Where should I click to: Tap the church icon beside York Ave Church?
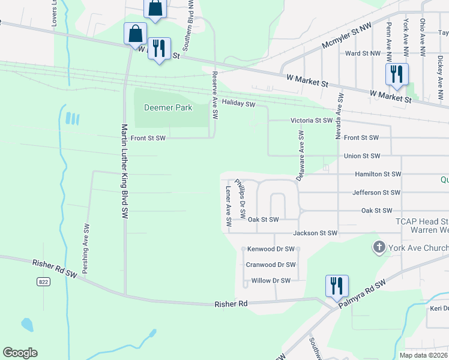pyautogui.click(x=379, y=247)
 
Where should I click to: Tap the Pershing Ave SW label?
pyautogui.click(x=86, y=249)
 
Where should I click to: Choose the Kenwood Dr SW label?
pyautogui.click(x=270, y=248)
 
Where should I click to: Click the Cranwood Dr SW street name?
pyautogui.click(x=271, y=265)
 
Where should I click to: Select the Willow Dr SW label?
pyautogui.click(x=271, y=280)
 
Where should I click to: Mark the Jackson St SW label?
pyautogui.click(x=316, y=233)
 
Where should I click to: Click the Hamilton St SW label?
pyautogui.click(x=378, y=174)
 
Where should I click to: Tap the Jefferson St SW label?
pyautogui.click(x=376, y=193)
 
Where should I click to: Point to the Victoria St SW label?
pyautogui.click(x=312, y=121)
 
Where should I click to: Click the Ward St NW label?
pyautogui.click(x=363, y=53)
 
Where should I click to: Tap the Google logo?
pyautogui.click(x=20, y=353)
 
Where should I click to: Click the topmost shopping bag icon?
pyautogui.click(x=155, y=9)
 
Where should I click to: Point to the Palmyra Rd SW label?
pyautogui.click(x=363, y=295)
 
